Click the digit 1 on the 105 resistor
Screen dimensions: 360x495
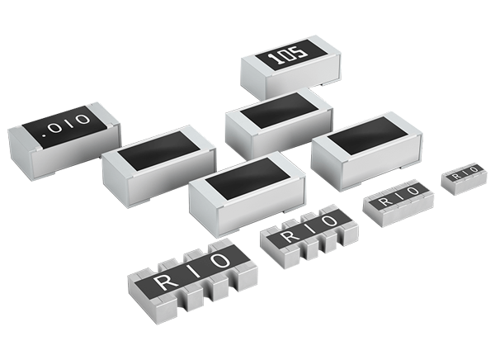click(269, 59)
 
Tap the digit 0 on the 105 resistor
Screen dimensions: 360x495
click(284, 57)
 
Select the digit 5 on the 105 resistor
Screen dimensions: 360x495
click(298, 54)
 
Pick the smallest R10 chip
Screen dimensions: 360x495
click(465, 176)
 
